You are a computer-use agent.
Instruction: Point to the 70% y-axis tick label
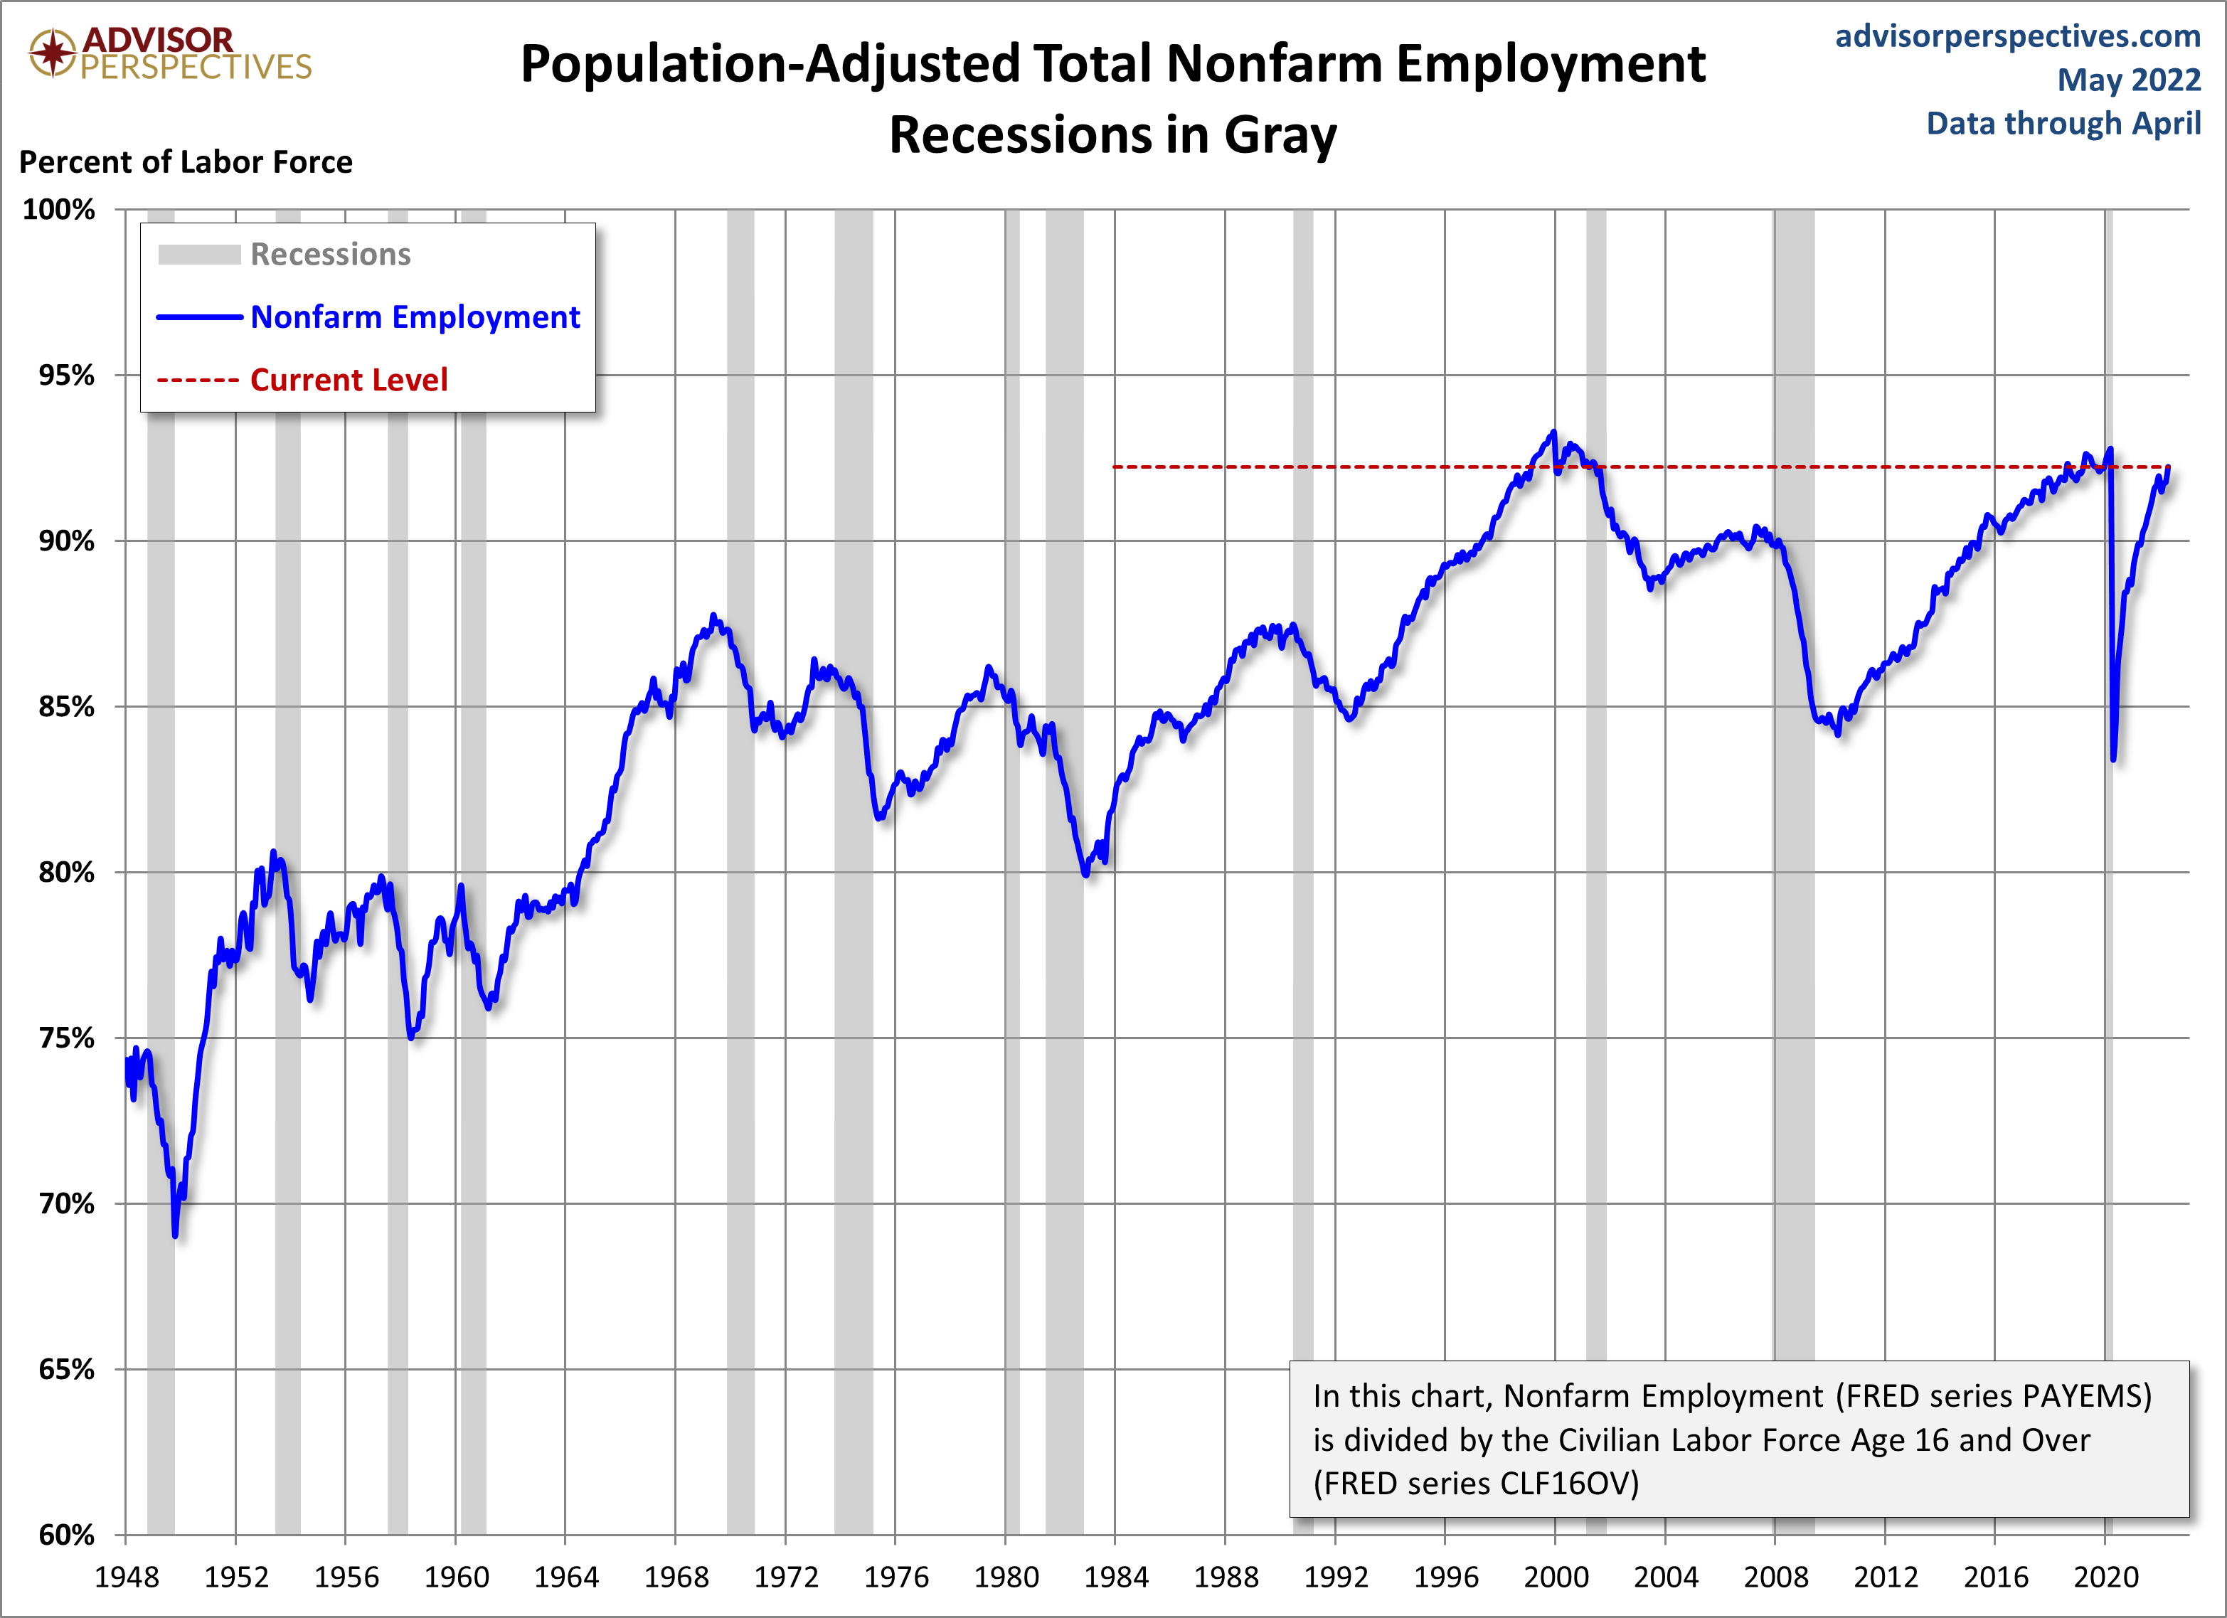coord(65,1203)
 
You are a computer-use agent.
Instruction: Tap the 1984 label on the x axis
coord(1115,1577)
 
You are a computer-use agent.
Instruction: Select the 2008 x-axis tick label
coord(1775,1577)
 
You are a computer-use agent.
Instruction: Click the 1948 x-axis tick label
coord(126,1577)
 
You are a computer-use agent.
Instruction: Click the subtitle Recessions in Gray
coord(1112,136)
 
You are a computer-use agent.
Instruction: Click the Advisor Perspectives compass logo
coord(51,52)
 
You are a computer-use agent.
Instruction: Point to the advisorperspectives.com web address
coord(2018,36)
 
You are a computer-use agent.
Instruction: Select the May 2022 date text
coord(2129,80)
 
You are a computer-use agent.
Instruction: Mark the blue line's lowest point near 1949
coord(175,1235)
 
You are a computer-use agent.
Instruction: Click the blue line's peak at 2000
coord(1553,432)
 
